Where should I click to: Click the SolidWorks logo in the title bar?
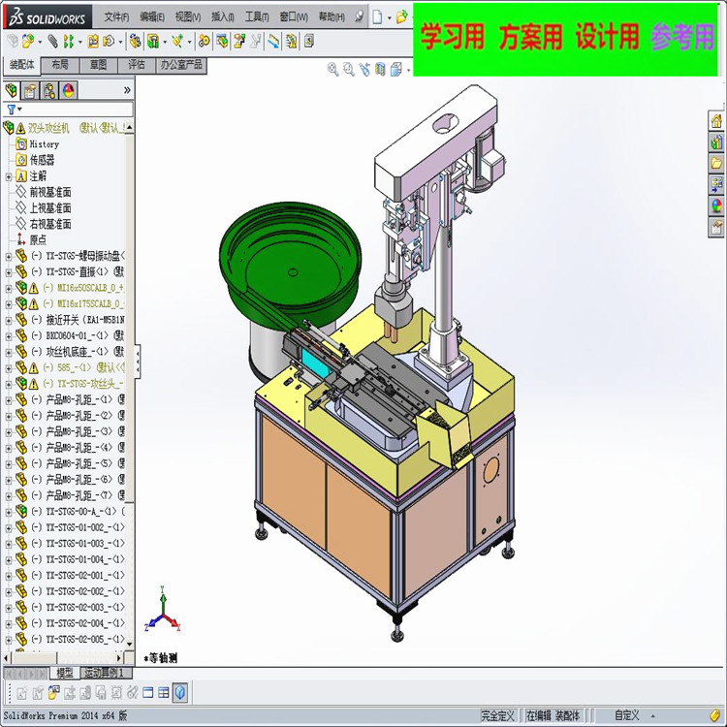(47, 16)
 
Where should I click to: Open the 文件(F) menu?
(116, 16)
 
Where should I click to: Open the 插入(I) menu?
(223, 16)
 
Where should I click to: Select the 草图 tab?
(99, 65)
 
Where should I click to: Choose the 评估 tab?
(137, 65)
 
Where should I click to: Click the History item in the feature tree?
(44, 143)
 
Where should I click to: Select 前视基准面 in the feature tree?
(49, 192)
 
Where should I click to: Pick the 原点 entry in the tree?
(38, 239)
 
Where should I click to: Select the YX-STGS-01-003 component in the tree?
(78, 543)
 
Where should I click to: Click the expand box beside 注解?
(9, 176)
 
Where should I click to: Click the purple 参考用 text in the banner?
(682, 38)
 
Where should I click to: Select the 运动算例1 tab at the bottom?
(103, 673)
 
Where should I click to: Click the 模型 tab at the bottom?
(64, 673)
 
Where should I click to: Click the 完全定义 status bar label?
(497, 716)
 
